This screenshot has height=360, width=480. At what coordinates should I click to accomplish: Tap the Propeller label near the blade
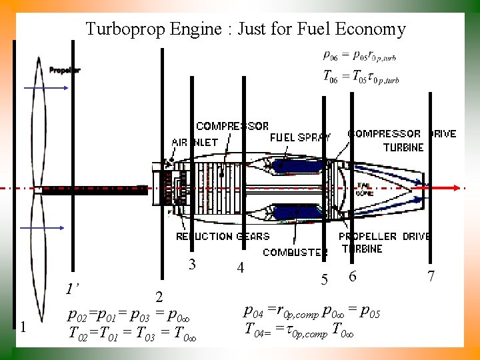click(x=65, y=71)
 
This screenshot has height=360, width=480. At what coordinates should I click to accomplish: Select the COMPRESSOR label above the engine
click(x=232, y=126)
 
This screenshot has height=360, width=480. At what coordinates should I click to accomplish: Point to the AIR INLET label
click(x=194, y=142)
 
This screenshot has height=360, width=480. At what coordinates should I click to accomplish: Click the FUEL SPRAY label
click(x=300, y=137)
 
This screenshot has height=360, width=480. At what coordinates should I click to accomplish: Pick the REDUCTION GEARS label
click(x=223, y=236)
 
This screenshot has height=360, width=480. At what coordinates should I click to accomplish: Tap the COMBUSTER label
click(x=295, y=253)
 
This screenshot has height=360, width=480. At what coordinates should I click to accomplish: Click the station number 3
click(x=192, y=264)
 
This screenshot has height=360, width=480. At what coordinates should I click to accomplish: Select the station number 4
click(x=241, y=268)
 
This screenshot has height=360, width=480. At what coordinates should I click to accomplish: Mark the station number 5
click(x=325, y=280)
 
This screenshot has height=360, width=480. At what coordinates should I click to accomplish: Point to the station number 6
click(x=353, y=276)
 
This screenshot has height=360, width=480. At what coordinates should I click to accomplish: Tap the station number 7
click(x=431, y=275)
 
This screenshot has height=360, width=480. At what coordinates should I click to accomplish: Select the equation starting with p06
click(x=361, y=56)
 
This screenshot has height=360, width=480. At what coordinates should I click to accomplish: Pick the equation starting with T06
click(x=361, y=77)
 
